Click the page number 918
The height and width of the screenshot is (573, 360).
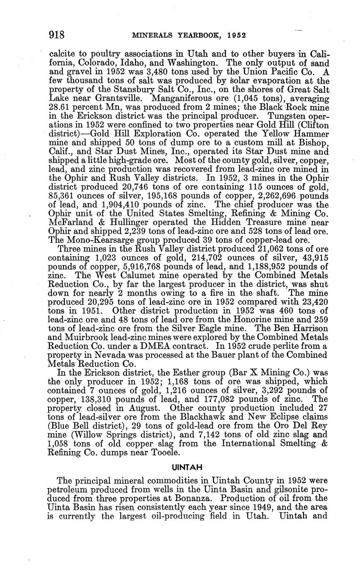(56, 35)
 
